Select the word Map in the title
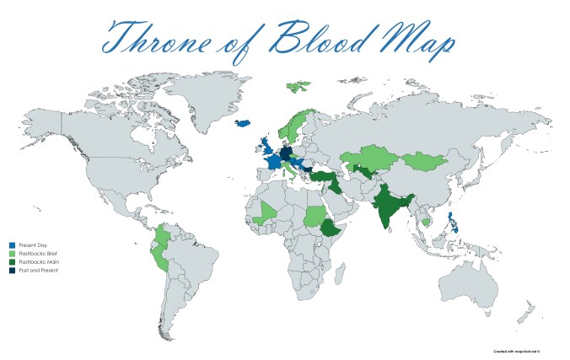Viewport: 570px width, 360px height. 417,39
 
